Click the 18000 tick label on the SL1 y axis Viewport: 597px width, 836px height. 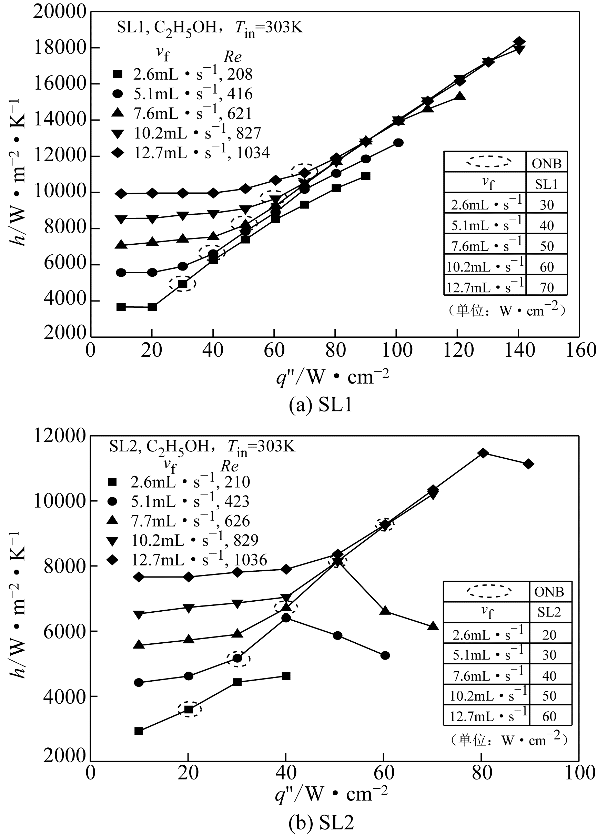point(60,48)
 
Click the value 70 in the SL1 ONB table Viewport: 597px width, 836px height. point(547,287)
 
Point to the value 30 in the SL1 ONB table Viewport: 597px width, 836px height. point(547,205)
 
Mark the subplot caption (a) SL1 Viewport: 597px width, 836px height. point(321,405)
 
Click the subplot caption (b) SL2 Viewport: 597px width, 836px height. point(321,823)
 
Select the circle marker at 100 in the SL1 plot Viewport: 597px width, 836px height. point(398,143)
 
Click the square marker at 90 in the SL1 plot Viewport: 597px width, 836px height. point(366,176)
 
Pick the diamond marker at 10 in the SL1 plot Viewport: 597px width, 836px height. point(121,194)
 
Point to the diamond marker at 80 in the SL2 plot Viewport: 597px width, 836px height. point(483,453)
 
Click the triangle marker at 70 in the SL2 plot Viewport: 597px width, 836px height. point(433,626)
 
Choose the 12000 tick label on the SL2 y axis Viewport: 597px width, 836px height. point(60,436)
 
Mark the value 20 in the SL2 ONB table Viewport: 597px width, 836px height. point(549,635)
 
